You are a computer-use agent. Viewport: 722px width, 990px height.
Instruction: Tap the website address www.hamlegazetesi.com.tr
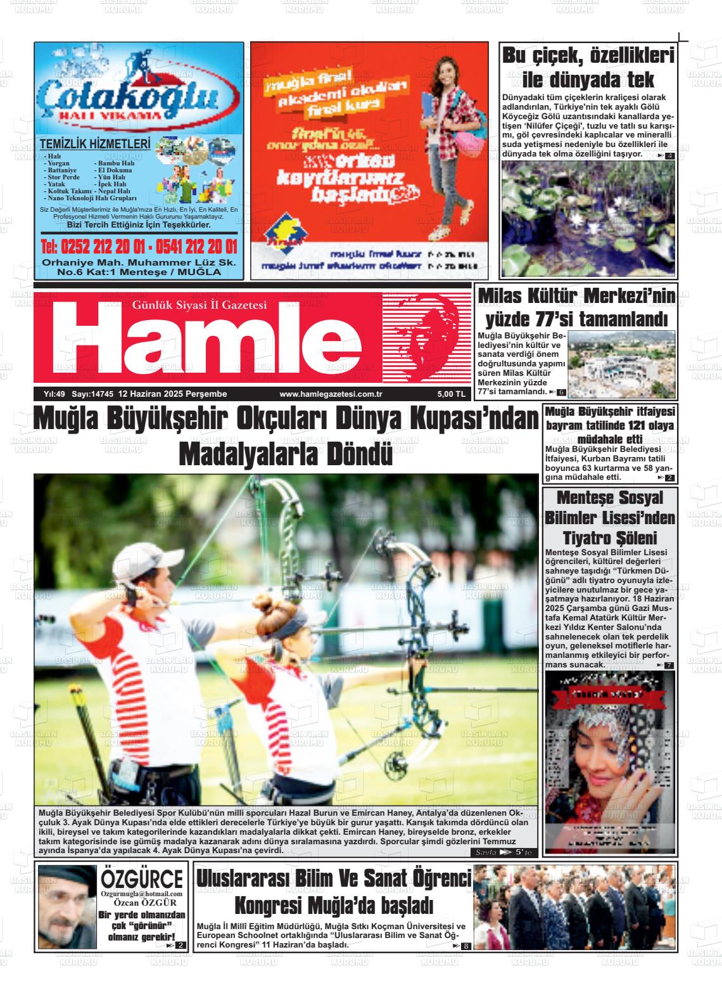(x=330, y=394)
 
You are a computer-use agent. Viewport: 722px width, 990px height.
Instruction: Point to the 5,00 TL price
(x=450, y=394)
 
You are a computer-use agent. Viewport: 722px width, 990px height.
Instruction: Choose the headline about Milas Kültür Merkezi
(x=576, y=307)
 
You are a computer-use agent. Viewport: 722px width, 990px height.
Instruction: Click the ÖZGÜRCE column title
(x=142, y=879)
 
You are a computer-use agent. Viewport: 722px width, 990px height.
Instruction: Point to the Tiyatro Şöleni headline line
(x=609, y=539)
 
